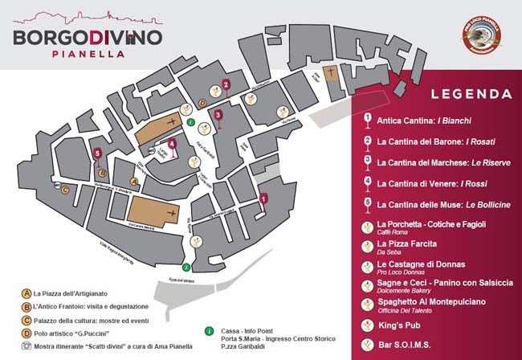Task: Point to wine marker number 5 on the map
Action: tap(97, 156)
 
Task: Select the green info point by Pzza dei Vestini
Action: tap(186, 267)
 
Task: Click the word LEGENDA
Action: tap(471, 94)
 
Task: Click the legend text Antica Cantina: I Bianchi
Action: tap(414, 120)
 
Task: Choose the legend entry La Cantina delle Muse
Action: tap(443, 204)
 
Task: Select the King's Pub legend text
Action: tap(398, 325)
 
